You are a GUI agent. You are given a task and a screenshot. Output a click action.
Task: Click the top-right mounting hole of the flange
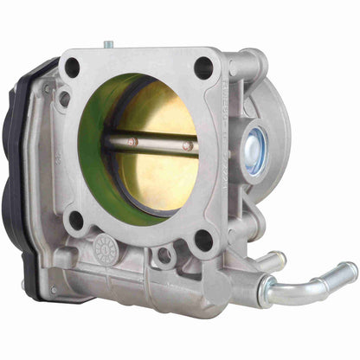[204, 67]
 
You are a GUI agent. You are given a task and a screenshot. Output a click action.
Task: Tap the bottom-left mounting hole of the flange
[76, 220]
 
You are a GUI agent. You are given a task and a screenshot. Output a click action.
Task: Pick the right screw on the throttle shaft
[187, 145]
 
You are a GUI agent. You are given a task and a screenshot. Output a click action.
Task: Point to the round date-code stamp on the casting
[106, 246]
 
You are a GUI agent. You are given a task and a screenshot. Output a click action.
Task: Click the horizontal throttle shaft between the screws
[160, 144]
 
